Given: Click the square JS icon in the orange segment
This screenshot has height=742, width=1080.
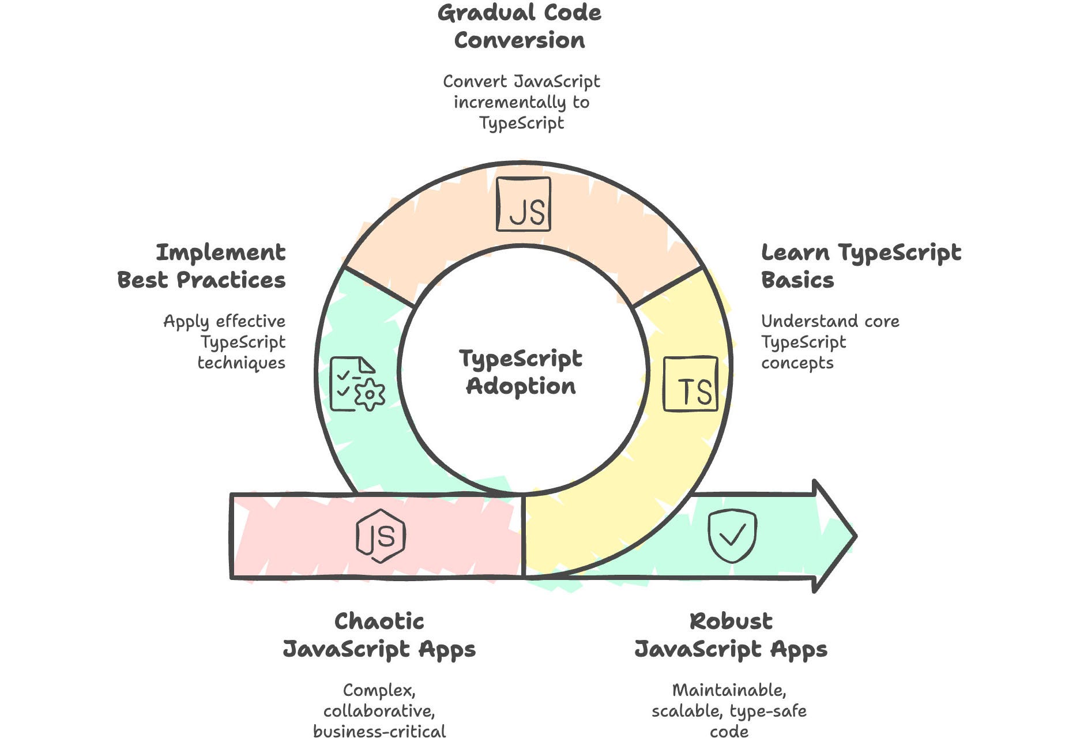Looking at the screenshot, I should click(x=524, y=205).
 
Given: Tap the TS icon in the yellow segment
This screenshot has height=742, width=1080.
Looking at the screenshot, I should click(x=691, y=384).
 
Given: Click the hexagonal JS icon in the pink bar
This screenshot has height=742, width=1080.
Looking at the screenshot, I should click(x=381, y=536).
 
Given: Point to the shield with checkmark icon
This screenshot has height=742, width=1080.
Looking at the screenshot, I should click(x=732, y=536).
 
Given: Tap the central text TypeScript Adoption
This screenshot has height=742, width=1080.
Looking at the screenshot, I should click(x=521, y=372).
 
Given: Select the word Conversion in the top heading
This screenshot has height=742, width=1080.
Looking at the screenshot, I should click(x=520, y=40).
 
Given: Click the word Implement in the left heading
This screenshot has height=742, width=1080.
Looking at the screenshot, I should click(x=221, y=253).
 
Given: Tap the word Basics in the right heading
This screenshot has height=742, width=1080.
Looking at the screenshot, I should click(x=797, y=280).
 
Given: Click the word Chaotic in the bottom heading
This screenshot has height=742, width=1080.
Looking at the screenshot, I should click(x=379, y=622).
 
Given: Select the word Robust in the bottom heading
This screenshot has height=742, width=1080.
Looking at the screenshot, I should click(x=731, y=622).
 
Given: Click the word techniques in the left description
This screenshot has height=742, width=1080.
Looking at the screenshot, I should click(x=242, y=363).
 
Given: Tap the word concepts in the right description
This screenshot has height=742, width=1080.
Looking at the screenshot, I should click(x=797, y=363).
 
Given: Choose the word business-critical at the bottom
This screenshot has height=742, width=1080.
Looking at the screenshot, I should click(x=379, y=732).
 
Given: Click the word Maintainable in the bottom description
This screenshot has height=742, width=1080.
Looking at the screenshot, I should click(x=729, y=690).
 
